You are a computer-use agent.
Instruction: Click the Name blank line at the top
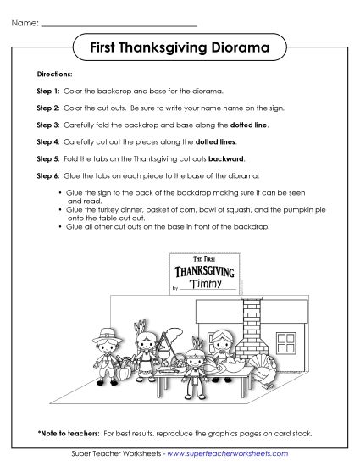click(119, 24)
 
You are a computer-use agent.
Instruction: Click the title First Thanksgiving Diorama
click(180, 48)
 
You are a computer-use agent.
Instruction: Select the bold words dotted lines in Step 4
click(219, 141)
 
